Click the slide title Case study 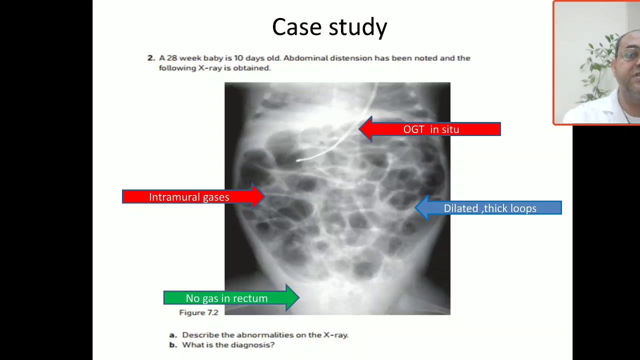[x=329, y=27]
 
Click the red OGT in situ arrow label [x=431, y=129]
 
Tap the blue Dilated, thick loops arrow [x=489, y=208]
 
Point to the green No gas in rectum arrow [x=230, y=298]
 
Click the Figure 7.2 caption [x=198, y=312]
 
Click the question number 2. [x=150, y=58]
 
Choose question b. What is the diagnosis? [x=222, y=345]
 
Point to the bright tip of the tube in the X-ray [x=298, y=160]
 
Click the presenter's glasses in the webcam [x=631, y=54]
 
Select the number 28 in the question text [x=172, y=58]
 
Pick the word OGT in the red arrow [x=413, y=129]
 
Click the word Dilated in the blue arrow [x=461, y=208]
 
